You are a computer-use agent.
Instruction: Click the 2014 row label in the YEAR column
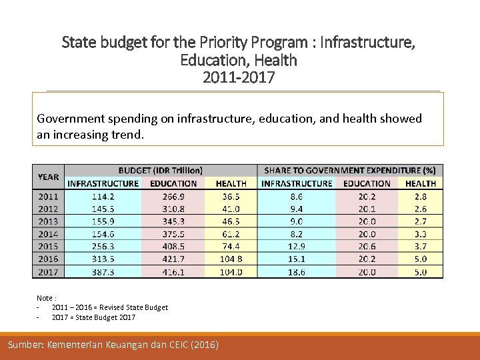(48, 234)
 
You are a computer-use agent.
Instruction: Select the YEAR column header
(48, 177)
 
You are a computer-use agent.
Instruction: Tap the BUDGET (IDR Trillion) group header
(161, 171)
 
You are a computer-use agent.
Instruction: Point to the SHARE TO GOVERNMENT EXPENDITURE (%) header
(350, 171)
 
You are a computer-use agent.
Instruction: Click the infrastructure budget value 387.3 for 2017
(103, 272)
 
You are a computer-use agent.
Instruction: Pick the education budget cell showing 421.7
(173, 259)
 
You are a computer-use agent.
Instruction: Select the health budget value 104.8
(231, 259)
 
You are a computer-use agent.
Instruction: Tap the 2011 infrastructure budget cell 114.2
(103, 197)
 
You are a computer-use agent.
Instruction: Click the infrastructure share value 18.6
(296, 272)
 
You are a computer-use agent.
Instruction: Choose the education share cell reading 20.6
(367, 247)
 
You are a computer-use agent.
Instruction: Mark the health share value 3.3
(421, 234)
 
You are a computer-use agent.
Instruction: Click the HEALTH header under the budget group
(231, 183)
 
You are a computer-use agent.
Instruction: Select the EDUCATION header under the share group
(367, 183)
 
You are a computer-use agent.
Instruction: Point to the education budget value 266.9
(173, 197)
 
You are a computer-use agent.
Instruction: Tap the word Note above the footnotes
(45, 298)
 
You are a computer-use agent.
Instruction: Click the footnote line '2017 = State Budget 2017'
(93, 317)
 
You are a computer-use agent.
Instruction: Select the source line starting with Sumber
(113, 345)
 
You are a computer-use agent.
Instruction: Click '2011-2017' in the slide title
(239, 77)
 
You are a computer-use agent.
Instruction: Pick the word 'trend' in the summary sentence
(127, 134)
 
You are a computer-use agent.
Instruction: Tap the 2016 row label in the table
(48, 259)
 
